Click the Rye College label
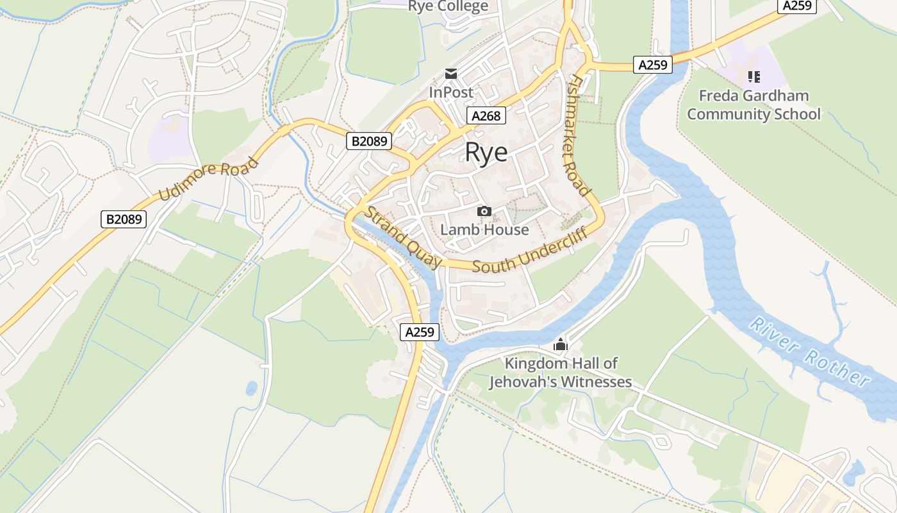(x=448, y=6)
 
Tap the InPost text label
(x=451, y=92)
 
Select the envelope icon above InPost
(x=452, y=74)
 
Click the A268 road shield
(x=486, y=115)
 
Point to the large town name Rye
(x=486, y=153)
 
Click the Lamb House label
(x=484, y=230)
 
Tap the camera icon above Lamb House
(x=484, y=212)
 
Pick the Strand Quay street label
(x=404, y=237)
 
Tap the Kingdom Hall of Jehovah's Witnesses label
(x=561, y=373)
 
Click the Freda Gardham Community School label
(x=753, y=105)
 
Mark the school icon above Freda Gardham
(x=754, y=77)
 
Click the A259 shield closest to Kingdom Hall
(x=420, y=332)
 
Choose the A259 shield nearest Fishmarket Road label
(x=653, y=65)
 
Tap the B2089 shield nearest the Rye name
(x=369, y=141)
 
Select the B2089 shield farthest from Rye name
(x=124, y=219)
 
